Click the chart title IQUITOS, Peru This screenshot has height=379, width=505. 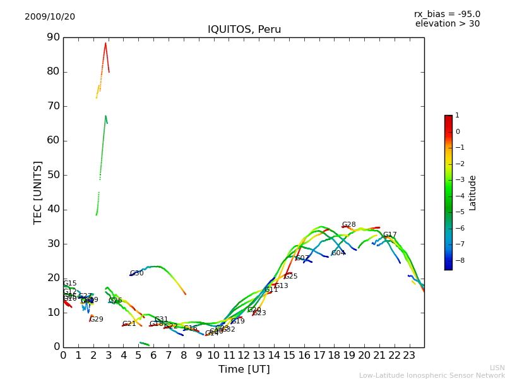click(244, 30)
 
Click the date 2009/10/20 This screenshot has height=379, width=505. click(50, 17)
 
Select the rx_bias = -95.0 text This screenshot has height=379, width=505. click(447, 14)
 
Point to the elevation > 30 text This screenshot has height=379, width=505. click(448, 24)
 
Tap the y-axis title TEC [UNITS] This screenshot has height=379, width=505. click(38, 192)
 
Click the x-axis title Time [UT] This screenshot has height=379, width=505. click(244, 369)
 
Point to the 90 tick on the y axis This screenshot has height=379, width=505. click(53, 37)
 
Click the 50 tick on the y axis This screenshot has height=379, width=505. click(53, 175)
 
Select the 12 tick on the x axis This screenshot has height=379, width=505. click(244, 356)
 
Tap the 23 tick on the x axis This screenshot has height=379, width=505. click(409, 356)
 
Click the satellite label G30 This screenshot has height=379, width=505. click(136, 274)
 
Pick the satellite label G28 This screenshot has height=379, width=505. click(348, 225)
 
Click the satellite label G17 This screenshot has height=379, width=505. click(389, 235)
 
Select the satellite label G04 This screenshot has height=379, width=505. click(338, 253)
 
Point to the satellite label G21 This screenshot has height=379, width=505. click(129, 324)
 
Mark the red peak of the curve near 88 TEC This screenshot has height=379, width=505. click(105, 43)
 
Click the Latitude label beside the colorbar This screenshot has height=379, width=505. click(473, 193)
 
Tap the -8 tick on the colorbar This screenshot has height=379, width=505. click(458, 260)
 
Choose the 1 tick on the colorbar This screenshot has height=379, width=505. click(457, 116)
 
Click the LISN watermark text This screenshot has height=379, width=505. click(497, 368)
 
